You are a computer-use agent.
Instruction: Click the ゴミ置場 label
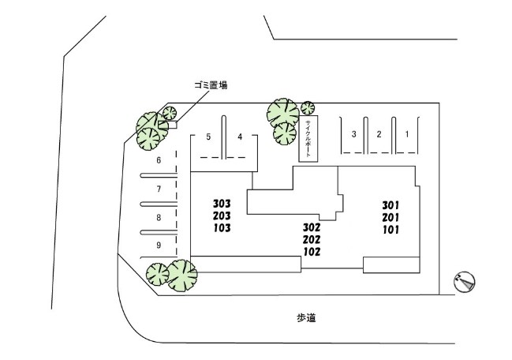(x=211, y=85)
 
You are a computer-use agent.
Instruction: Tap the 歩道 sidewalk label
(x=306, y=317)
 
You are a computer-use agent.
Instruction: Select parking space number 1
(x=407, y=134)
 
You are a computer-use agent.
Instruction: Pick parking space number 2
(x=379, y=134)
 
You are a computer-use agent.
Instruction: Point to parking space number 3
(x=353, y=134)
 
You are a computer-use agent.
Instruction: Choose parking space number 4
(x=240, y=137)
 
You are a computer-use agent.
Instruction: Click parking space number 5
(x=208, y=137)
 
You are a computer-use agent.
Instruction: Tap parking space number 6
(x=159, y=160)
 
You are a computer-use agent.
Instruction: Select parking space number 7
(x=159, y=189)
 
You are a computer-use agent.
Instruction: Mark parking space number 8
(x=159, y=218)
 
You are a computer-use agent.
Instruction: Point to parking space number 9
(x=159, y=245)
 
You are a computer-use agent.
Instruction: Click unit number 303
(x=222, y=204)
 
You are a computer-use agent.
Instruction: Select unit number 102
(x=312, y=252)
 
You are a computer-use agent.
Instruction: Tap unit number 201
(x=391, y=218)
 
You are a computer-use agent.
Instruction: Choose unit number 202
(x=312, y=240)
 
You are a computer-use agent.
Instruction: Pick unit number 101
(x=391, y=230)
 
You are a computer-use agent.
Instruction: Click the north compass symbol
(x=465, y=282)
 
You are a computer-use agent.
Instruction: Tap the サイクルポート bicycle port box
(x=308, y=138)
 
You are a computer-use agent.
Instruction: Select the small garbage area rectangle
(x=167, y=125)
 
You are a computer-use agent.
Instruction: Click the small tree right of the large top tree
(x=308, y=108)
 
